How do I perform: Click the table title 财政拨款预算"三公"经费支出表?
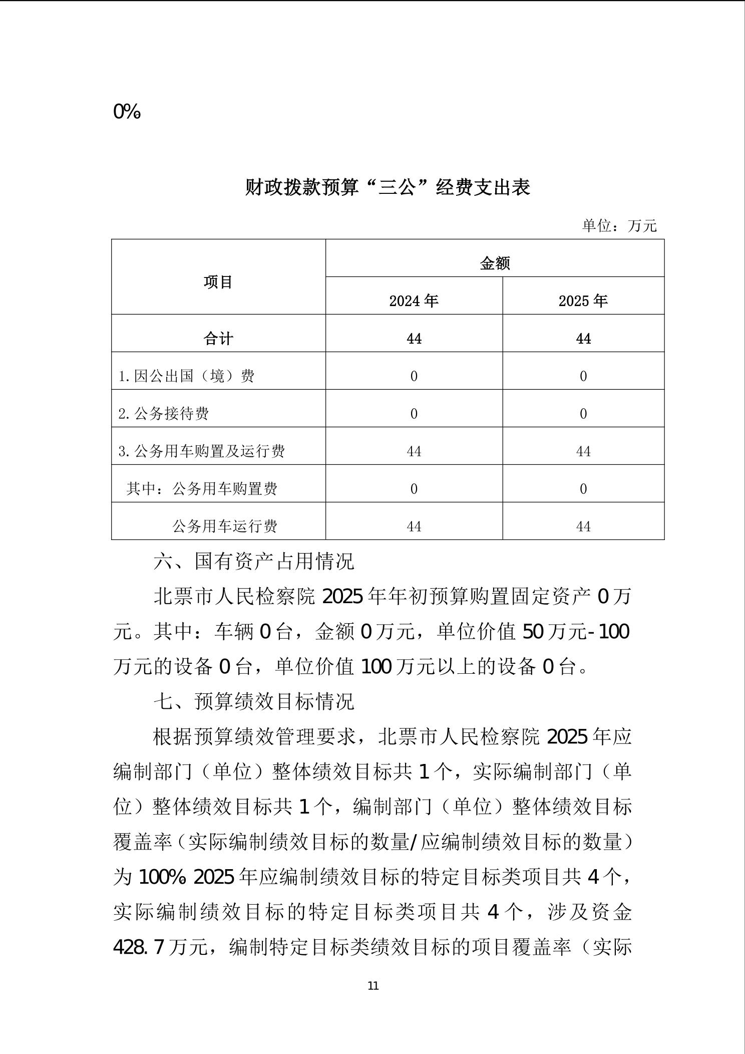387,188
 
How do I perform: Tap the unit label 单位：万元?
619,226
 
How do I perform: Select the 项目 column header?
218,283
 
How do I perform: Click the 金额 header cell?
495,263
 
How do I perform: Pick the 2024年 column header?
414,301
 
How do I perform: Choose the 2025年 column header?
583,301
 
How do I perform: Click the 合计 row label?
218,339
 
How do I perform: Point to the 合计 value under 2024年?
414,339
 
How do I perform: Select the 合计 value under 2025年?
583,339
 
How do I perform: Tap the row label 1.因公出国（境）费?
186,376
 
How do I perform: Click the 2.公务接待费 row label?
164,414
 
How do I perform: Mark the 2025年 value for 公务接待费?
583,414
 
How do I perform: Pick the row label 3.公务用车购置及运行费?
202,451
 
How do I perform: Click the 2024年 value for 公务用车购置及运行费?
414,452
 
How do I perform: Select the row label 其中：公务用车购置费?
202,489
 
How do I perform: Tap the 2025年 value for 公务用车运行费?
583,527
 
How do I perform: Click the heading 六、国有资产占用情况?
254,562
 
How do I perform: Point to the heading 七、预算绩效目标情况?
254,702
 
